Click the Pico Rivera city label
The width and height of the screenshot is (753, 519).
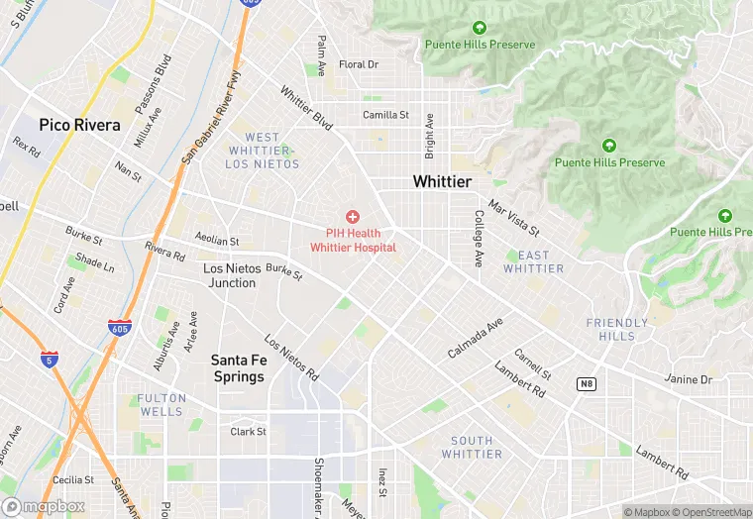[80, 126]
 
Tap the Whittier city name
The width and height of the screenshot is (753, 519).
[442, 182]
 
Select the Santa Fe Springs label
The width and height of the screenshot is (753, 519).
[238, 368]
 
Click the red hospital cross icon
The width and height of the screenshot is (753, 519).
[352, 216]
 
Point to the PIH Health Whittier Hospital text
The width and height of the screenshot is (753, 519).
[353, 241]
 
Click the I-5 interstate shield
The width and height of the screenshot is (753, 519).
[50, 360]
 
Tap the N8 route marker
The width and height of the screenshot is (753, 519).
[587, 382]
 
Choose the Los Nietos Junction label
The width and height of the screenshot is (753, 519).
[229, 275]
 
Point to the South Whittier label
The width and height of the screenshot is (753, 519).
[471, 447]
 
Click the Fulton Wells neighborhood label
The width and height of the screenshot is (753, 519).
[161, 404]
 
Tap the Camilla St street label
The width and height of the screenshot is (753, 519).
[385, 115]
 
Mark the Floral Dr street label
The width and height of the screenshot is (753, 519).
[359, 64]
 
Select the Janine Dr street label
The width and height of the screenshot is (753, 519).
[688, 379]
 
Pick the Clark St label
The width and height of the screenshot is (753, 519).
[248, 432]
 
